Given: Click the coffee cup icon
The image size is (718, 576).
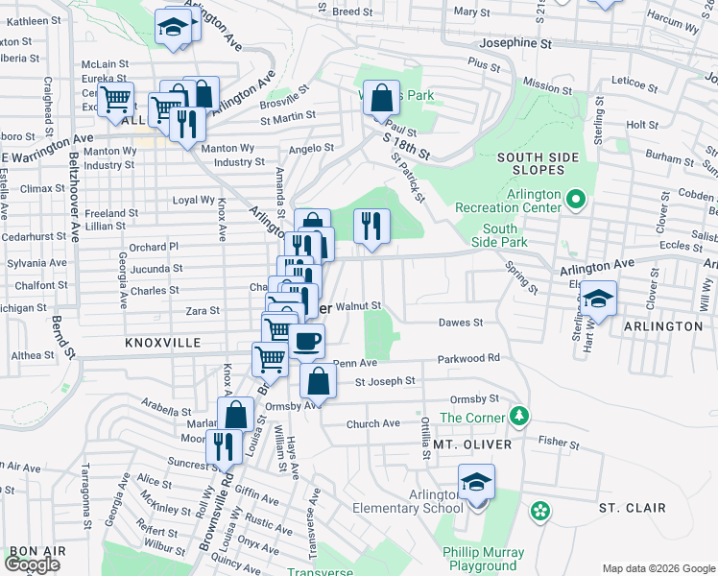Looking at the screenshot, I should click(306, 341).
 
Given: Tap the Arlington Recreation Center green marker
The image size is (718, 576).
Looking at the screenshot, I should click(575, 200).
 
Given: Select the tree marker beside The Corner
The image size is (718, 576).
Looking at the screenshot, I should click(519, 416).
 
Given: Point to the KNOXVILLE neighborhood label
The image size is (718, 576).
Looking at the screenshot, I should click(162, 343).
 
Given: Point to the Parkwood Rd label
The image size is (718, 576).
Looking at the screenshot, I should click(469, 358).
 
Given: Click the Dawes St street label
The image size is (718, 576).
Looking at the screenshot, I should click(460, 323).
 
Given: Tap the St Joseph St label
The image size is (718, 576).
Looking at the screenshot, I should click(385, 381).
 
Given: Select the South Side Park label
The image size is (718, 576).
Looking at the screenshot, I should click(500, 235).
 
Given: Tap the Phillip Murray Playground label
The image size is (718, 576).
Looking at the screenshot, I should click(484, 559).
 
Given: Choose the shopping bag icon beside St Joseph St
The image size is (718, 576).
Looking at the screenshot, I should click(318, 380).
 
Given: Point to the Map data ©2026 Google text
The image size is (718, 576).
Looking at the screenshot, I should click(658, 568).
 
